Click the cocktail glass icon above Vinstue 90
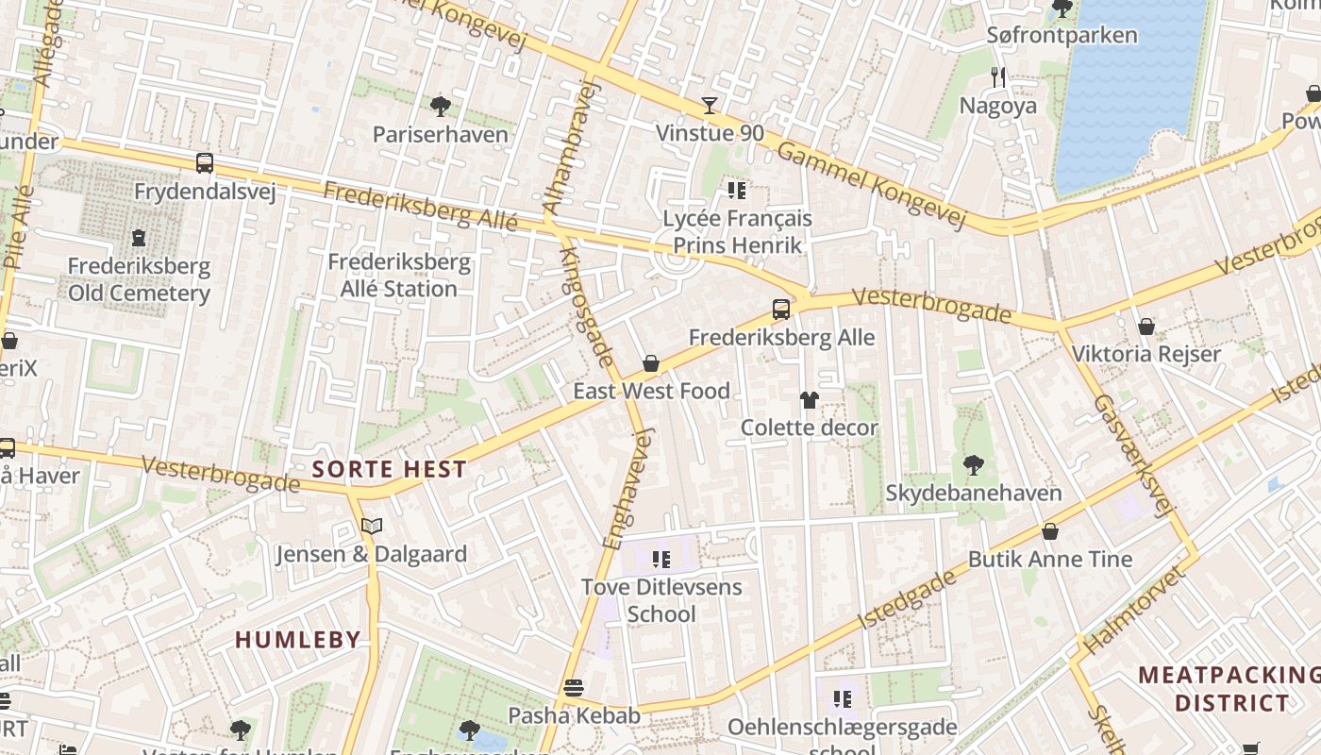(x=710, y=105)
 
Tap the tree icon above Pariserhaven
(x=440, y=106)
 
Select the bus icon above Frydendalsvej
(x=205, y=162)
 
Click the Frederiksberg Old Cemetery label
(x=139, y=279)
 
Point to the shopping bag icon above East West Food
(x=651, y=363)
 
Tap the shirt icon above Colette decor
(x=809, y=400)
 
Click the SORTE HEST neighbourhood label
(x=389, y=469)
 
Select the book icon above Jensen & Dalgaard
(x=372, y=526)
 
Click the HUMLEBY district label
(x=298, y=640)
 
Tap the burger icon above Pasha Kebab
(x=574, y=687)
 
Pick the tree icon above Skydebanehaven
(x=973, y=464)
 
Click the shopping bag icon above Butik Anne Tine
(x=1049, y=531)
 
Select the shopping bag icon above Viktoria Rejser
(x=1146, y=327)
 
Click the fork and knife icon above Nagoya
(x=998, y=77)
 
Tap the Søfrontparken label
(x=1062, y=36)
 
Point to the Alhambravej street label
(x=572, y=146)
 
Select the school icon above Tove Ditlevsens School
(x=661, y=560)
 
